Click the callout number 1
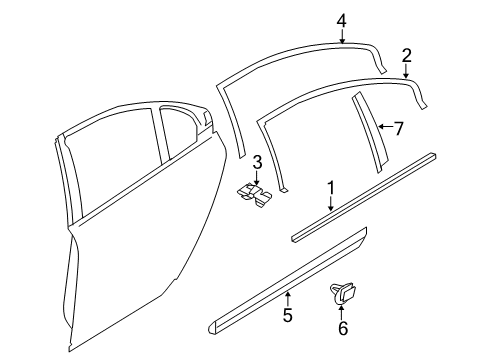(331, 187)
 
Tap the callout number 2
(406, 55)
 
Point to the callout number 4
(341, 19)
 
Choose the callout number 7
(398, 127)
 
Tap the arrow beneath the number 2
(406, 70)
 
